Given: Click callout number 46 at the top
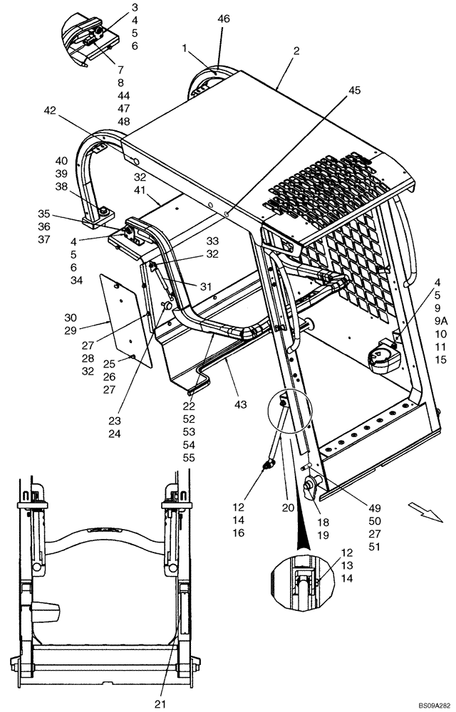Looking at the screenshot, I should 223,21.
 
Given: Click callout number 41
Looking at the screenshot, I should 140,191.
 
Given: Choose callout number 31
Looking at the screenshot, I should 205,286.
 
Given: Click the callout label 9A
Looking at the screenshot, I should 440,320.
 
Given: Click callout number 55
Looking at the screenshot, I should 189,457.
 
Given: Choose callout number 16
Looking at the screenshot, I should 238,533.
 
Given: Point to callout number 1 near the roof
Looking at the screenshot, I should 185,50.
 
